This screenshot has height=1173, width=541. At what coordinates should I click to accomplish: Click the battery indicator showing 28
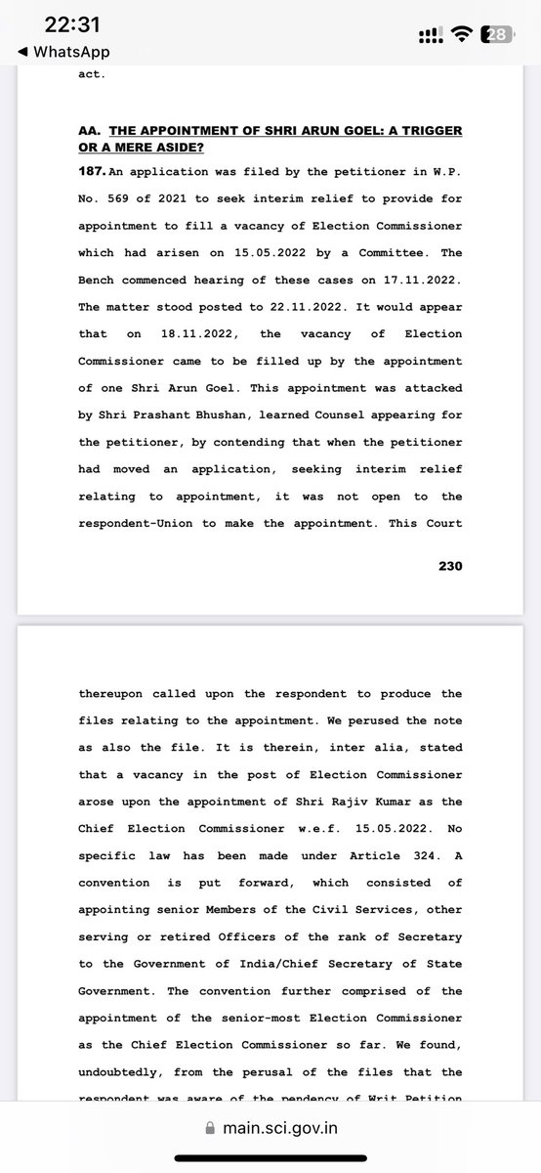coord(496,35)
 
